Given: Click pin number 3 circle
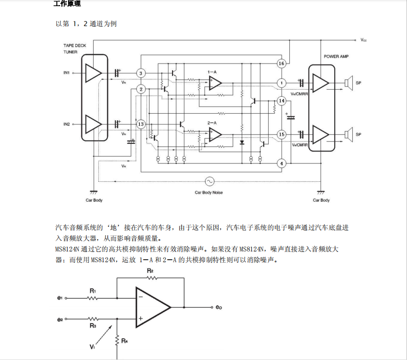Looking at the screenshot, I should point(141,73).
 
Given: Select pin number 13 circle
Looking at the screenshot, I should point(141,124).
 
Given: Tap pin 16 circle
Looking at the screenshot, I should point(281,63).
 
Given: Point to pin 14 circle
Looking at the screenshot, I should point(281,100).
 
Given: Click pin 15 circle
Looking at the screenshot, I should point(281,134).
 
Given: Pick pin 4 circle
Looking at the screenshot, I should point(281,163).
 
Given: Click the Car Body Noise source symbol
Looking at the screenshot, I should point(209,181).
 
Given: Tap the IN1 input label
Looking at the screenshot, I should point(67,73).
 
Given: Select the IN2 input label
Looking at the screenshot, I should point(67,124).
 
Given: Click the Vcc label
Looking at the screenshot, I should point(363,39).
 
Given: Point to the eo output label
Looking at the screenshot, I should point(219,307).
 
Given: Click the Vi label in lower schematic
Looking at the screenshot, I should point(92,347).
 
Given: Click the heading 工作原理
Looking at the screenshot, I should point(67,4).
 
